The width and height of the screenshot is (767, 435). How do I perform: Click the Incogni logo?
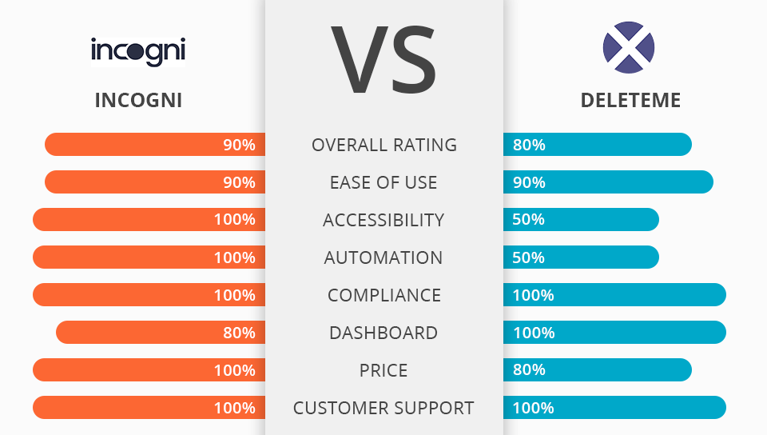138,50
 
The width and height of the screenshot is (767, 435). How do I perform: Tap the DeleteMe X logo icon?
629,48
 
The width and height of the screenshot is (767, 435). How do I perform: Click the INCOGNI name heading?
138,100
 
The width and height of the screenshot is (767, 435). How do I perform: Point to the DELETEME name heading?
630,100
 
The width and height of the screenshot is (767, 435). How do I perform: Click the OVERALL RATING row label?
384,145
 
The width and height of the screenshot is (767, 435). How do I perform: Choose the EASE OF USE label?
383,182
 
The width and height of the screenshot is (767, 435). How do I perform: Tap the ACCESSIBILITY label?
383,220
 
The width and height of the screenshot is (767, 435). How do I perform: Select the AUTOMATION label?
383,257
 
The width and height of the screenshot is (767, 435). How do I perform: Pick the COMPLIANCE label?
384,295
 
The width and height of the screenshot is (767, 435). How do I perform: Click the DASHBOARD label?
383,333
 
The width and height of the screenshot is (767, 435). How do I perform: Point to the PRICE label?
383,370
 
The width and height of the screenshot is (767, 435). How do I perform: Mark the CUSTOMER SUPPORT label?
383,408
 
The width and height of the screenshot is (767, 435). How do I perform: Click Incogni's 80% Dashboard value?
239,333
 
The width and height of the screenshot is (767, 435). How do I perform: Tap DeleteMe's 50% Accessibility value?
529,220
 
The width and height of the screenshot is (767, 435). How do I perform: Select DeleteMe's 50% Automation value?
529,257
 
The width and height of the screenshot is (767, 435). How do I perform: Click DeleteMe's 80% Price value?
529,370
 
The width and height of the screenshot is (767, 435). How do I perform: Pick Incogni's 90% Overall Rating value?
239,145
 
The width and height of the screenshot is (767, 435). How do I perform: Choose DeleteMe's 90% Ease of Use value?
529,182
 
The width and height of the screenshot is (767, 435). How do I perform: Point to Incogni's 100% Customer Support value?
234,408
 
